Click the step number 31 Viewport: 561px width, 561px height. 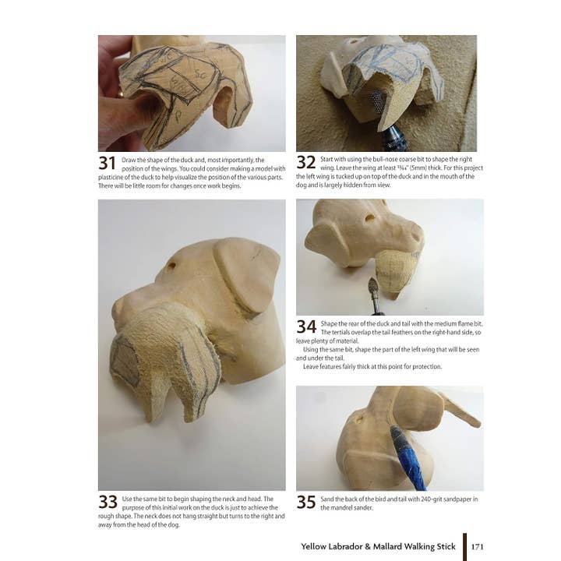(x=107, y=163)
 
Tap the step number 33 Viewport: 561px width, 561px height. (x=108, y=503)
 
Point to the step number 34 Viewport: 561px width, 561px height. (x=305, y=327)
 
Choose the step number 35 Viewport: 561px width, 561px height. (x=305, y=503)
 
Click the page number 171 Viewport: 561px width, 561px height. (x=478, y=546)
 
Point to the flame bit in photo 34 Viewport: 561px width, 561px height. (x=374, y=292)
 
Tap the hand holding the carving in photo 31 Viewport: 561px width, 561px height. (x=117, y=93)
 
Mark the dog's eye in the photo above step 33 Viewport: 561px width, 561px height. (x=171, y=266)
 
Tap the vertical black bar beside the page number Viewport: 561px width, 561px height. (x=464, y=546)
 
